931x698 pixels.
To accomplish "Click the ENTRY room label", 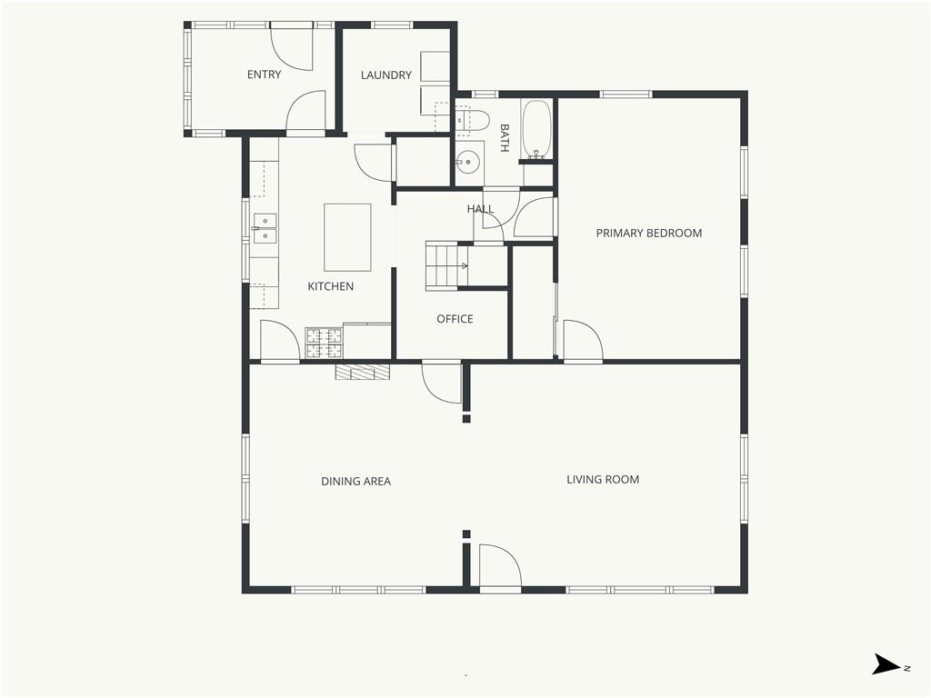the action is (x=265, y=75).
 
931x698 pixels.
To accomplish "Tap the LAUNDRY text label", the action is (x=385, y=75).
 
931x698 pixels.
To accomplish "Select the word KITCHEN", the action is (x=331, y=286).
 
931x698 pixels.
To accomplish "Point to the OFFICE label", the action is (x=455, y=319).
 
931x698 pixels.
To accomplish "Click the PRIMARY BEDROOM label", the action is (x=649, y=234).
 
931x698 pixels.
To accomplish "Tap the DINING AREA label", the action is (x=355, y=482).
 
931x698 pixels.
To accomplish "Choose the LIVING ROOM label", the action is (x=603, y=480).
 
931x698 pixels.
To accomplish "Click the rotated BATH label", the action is (x=505, y=138).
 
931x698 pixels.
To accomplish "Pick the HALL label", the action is (x=480, y=209).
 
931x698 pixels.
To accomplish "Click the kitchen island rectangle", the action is (x=347, y=237).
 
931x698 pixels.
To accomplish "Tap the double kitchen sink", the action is (x=265, y=229).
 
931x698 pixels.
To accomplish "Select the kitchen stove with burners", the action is (x=325, y=343).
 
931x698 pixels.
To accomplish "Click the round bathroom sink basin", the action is (x=468, y=160).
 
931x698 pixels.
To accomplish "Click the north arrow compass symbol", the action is (x=886, y=664).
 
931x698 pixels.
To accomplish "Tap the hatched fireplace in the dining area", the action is (x=363, y=372).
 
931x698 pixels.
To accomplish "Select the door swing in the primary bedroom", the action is (x=583, y=340).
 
